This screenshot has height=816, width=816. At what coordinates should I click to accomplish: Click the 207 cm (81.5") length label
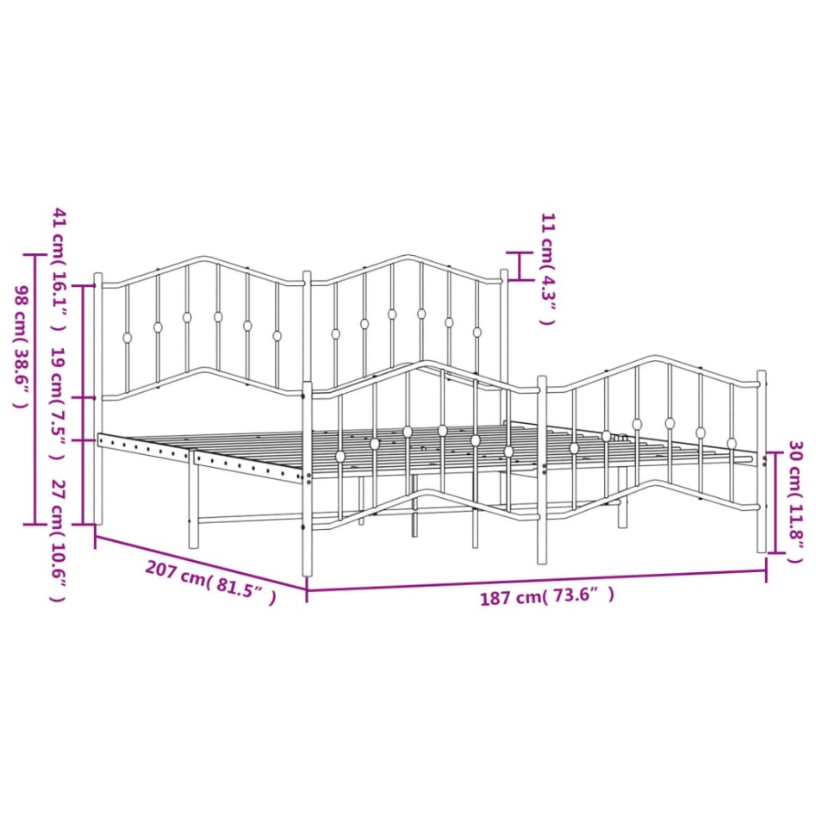[210, 582]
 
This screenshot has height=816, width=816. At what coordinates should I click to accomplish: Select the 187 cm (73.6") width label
[547, 596]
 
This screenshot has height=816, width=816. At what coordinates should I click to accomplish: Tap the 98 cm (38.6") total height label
[21, 346]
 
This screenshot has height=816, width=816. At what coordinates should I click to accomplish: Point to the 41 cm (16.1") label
[59, 270]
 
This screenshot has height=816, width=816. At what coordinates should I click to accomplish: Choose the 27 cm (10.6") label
[59, 542]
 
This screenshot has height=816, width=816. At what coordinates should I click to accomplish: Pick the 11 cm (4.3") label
[548, 269]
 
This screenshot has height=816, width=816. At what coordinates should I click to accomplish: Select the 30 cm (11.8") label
[795, 501]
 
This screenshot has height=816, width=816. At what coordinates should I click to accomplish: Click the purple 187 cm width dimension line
[536, 580]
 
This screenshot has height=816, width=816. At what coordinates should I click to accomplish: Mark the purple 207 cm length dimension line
[201, 563]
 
